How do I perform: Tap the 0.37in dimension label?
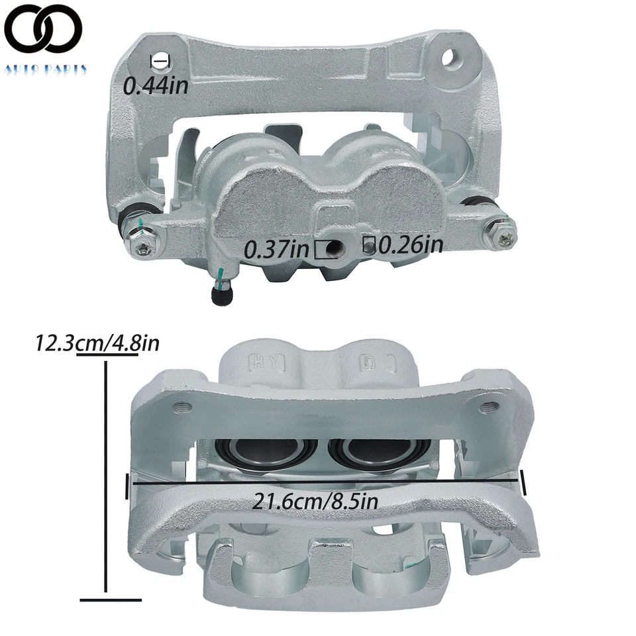277,250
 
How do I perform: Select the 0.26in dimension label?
410,245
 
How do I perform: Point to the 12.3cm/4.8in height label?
98,343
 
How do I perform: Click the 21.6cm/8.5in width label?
315,501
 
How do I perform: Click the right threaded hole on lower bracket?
491,405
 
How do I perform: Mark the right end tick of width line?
523,482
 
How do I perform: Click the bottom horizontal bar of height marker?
110,600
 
